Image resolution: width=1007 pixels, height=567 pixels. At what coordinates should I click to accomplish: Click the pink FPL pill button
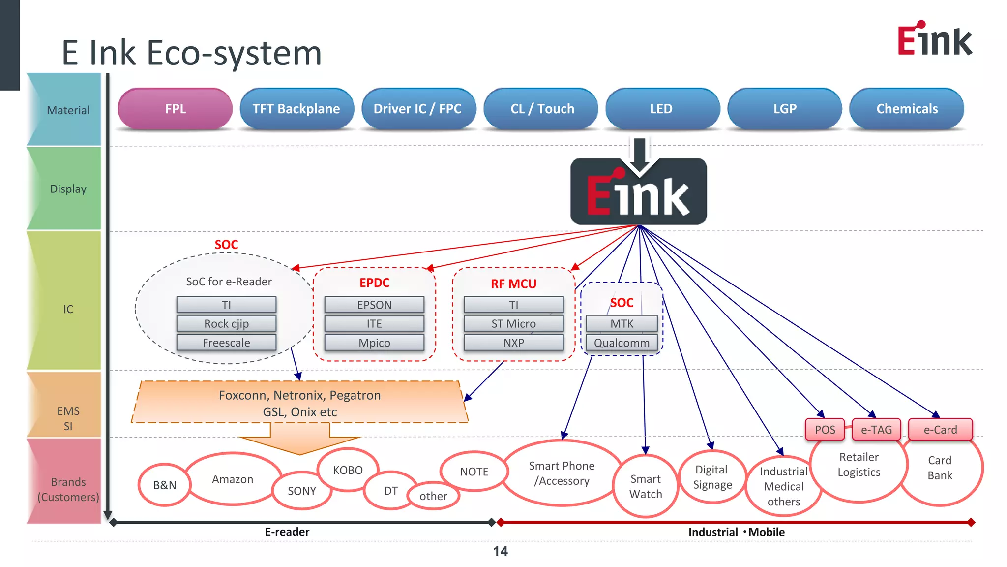click(x=175, y=109)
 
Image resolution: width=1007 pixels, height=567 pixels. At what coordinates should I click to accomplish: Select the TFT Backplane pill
click(x=296, y=109)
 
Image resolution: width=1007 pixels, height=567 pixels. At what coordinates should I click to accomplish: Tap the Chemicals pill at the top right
click(x=907, y=109)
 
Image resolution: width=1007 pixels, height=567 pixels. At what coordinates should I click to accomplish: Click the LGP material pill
click(x=785, y=109)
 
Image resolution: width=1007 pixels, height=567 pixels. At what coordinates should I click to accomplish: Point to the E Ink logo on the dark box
click(x=638, y=193)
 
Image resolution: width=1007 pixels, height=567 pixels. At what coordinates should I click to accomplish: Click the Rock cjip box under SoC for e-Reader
click(x=226, y=323)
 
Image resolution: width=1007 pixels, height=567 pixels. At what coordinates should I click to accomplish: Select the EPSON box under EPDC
click(x=374, y=305)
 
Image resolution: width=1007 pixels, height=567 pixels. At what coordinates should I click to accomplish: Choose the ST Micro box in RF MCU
click(x=513, y=323)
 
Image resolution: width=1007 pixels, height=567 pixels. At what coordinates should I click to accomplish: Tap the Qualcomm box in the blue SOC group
click(x=622, y=343)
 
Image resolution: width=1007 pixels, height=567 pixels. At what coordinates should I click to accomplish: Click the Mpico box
click(x=374, y=343)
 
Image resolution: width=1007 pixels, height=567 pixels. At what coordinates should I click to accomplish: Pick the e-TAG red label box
click(x=876, y=430)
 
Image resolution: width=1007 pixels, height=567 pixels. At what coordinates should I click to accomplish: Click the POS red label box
click(x=825, y=430)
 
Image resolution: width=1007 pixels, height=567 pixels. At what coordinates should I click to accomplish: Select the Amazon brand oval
click(x=233, y=479)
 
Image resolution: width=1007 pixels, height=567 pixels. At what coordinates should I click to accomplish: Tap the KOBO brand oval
click(x=348, y=470)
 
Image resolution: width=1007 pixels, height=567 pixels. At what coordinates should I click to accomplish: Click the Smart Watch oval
click(x=646, y=486)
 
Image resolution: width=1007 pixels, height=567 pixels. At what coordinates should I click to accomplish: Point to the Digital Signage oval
click(x=712, y=477)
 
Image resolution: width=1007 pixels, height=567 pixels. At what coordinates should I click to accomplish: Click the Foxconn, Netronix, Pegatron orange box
click(x=299, y=403)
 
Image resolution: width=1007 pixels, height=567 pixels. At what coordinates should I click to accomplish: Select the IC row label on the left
click(x=68, y=309)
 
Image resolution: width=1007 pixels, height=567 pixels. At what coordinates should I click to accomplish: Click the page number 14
click(x=500, y=551)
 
